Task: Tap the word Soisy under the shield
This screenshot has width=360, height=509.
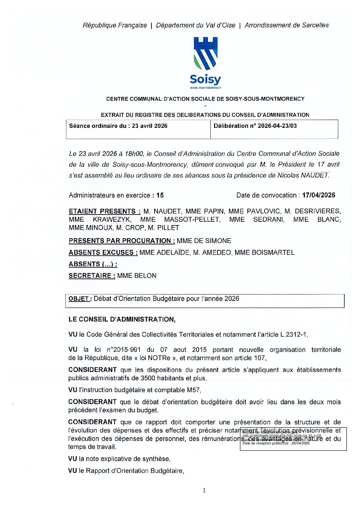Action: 205,80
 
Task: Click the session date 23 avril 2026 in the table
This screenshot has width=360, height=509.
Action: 150,126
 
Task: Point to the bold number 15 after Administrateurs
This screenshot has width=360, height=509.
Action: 160,196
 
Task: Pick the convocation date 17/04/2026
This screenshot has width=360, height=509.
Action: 318,195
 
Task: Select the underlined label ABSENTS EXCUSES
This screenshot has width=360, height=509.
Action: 103,253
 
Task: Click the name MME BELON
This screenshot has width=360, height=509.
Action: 137,276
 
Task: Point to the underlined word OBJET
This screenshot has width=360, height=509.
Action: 79,299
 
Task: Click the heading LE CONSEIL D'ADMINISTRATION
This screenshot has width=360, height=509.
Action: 122,320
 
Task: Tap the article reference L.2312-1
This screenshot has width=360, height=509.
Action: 293,335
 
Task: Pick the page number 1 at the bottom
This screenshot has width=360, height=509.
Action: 204,490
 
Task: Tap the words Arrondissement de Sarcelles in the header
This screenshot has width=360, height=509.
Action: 287,25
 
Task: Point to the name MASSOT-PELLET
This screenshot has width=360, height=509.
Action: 192,220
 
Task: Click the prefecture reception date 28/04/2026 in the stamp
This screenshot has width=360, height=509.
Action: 300,443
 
